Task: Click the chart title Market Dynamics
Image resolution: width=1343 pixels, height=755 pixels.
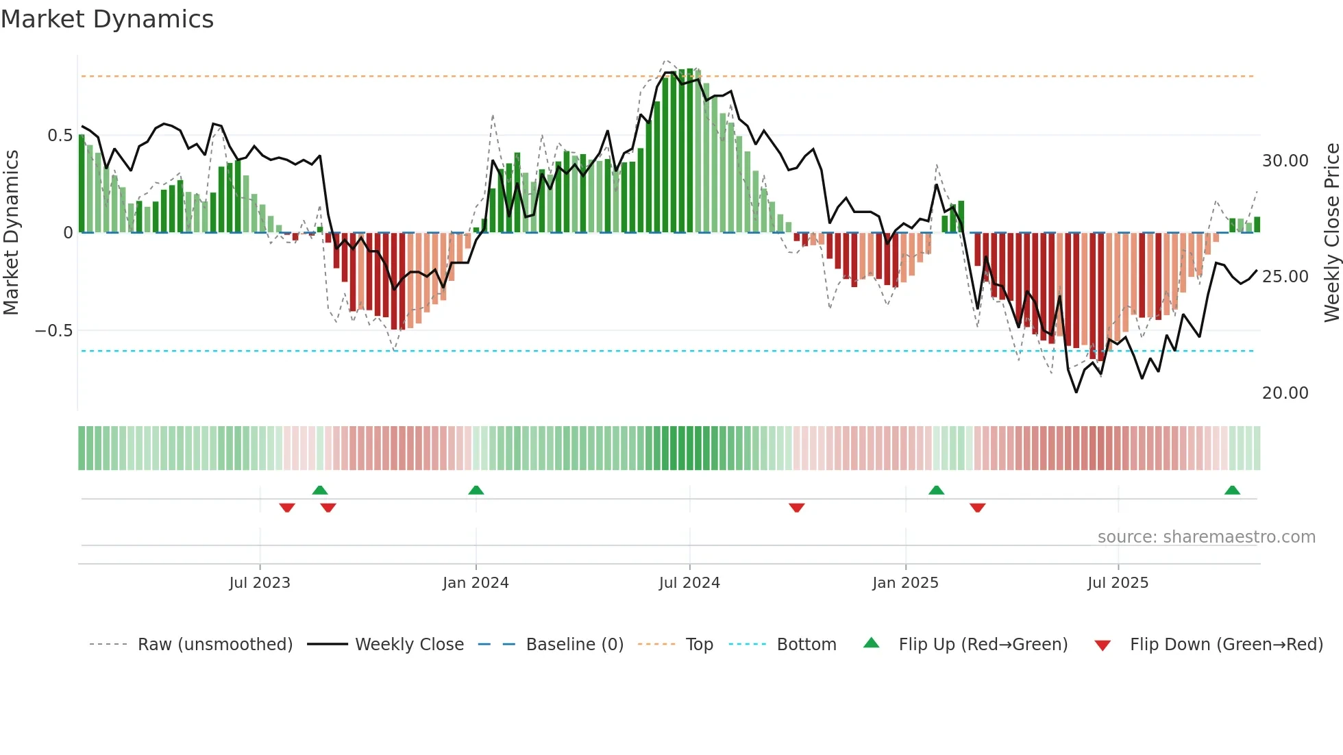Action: point(107,19)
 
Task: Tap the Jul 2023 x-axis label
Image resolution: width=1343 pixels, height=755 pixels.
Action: point(260,583)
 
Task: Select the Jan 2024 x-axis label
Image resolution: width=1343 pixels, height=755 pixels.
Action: point(476,583)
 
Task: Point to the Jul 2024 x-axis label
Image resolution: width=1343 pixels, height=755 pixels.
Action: point(689,583)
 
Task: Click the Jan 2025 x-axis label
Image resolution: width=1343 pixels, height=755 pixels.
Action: point(905,583)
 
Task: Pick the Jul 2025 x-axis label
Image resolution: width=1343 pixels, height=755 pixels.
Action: point(1118,583)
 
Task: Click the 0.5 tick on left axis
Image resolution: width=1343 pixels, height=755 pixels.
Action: point(60,136)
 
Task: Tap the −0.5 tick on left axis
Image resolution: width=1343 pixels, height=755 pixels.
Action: point(54,331)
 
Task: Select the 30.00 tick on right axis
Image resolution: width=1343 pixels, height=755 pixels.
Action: point(1285,161)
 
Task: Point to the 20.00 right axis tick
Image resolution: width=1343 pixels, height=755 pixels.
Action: point(1285,393)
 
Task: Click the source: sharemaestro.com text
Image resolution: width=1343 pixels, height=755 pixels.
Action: point(1206,537)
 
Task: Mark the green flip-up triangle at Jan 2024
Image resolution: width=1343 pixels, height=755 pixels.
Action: point(476,490)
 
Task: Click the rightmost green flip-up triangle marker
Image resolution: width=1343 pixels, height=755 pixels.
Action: point(1232,490)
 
